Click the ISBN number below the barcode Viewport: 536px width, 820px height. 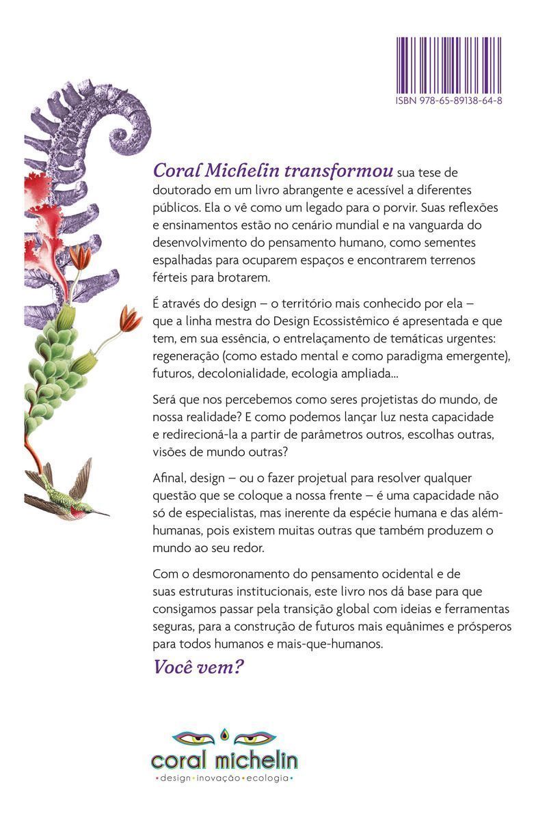(449, 100)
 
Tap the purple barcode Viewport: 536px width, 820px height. (449, 66)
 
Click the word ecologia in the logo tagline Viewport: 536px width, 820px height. (268, 779)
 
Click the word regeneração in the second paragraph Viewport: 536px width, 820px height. (186, 357)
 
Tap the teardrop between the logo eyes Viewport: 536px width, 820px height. (224, 734)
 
